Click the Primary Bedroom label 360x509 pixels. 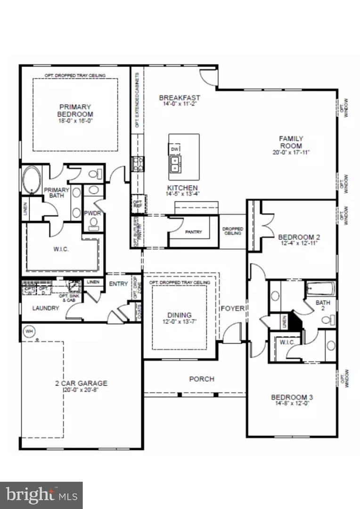[x=75, y=110]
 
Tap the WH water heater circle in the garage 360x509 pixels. [x=29, y=331]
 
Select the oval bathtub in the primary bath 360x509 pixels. [x=32, y=180]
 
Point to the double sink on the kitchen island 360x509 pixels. [x=175, y=164]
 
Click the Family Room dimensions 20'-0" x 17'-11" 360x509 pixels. [x=290, y=152]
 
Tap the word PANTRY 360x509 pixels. [x=193, y=232]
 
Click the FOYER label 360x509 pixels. [x=233, y=309]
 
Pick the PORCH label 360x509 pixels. [x=202, y=378]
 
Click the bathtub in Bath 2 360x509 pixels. [x=320, y=288]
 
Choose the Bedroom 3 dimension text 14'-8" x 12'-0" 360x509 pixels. [x=292, y=404]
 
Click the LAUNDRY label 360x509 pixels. [x=45, y=308]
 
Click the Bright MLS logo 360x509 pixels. [x=41, y=495]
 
